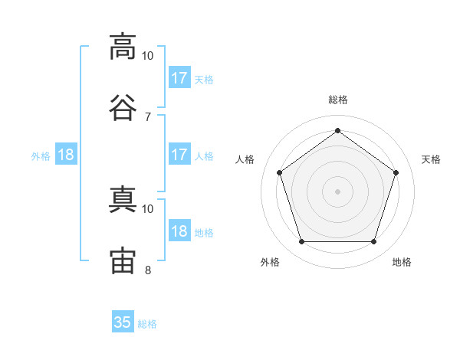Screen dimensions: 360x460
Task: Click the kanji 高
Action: (x=123, y=47)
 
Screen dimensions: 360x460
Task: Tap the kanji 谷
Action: (x=123, y=106)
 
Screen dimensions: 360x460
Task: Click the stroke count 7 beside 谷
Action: (x=147, y=116)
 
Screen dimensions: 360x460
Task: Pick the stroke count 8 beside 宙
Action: (x=147, y=270)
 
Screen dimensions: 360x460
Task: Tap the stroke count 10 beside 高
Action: (x=147, y=56)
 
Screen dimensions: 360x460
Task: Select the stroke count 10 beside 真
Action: (x=147, y=208)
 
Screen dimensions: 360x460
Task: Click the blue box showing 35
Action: (x=123, y=322)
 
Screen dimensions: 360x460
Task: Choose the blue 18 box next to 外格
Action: (x=66, y=155)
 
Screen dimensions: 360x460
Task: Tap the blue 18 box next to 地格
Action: (x=179, y=232)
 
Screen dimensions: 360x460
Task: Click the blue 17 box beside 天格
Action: (x=179, y=78)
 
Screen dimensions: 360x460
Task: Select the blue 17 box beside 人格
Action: (x=179, y=155)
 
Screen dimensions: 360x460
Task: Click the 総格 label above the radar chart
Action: (x=337, y=100)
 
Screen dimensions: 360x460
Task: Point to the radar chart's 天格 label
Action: (x=431, y=159)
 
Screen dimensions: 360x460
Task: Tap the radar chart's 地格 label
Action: (x=402, y=262)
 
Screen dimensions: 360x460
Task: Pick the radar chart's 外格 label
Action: (x=270, y=262)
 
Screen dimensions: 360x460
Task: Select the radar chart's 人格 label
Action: (x=245, y=159)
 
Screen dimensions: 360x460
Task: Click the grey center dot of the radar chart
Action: (x=337, y=191)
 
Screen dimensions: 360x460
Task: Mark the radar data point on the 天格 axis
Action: (x=396, y=172)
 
